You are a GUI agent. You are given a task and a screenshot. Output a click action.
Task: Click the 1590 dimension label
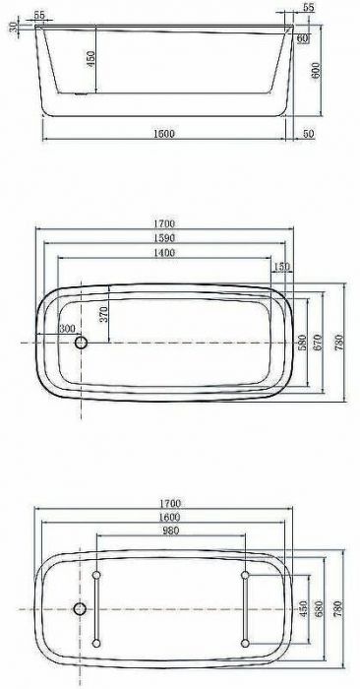point(164,239)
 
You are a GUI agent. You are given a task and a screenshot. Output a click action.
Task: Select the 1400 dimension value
point(164,253)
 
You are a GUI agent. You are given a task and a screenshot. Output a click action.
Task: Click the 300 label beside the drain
point(67,329)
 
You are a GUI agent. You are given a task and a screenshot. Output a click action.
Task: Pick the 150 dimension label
point(283,267)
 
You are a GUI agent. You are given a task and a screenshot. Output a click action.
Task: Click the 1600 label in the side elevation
point(164,134)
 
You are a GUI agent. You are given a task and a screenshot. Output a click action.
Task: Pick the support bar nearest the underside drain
point(96,609)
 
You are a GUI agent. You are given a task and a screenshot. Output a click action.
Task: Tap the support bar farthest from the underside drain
point(246,609)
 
